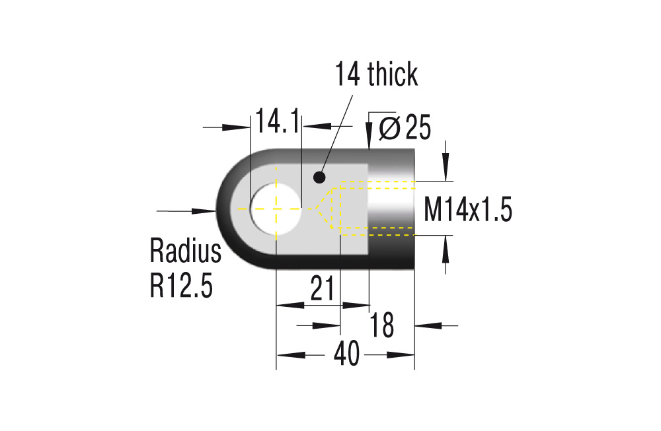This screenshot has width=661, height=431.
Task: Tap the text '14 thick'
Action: (376, 75)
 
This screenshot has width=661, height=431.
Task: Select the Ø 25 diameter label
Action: (405, 128)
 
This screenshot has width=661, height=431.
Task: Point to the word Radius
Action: (186, 251)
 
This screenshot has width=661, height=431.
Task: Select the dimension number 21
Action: (321, 290)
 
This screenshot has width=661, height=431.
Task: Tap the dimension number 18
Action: (381, 325)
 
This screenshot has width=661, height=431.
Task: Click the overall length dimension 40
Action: (346, 355)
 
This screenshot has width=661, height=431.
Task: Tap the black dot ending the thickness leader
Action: (319, 177)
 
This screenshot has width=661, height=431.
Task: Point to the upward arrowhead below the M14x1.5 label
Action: (446, 250)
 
